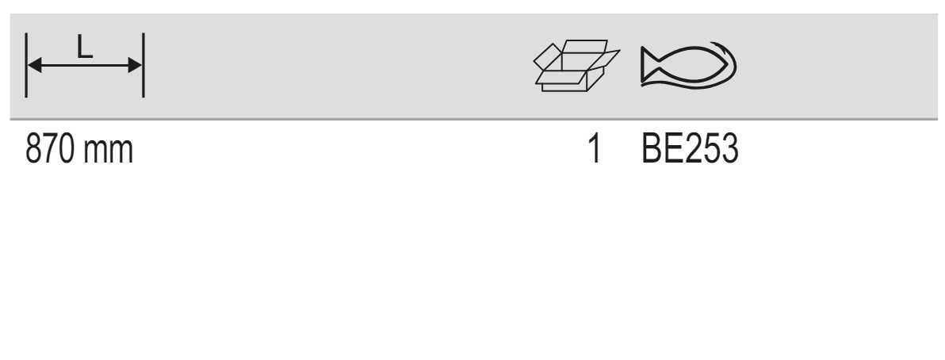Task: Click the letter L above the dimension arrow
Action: (x=85, y=47)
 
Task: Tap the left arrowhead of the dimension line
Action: (x=35, y=65)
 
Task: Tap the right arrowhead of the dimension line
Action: (x=135, y=65)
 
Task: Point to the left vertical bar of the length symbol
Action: (x=26, y=65)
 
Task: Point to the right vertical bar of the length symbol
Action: (x=143, y=65)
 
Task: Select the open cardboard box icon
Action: (x=577, y=66)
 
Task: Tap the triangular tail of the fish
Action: (x=650, y=64)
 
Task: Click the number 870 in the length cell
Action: (x=51, y=149)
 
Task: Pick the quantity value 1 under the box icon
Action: (x=595, y=149)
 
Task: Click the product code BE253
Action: (x=690, y=149)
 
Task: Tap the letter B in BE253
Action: (x=652, y=149)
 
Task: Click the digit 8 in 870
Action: (x=34, y=149)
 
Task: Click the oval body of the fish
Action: (x=693, y=64)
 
